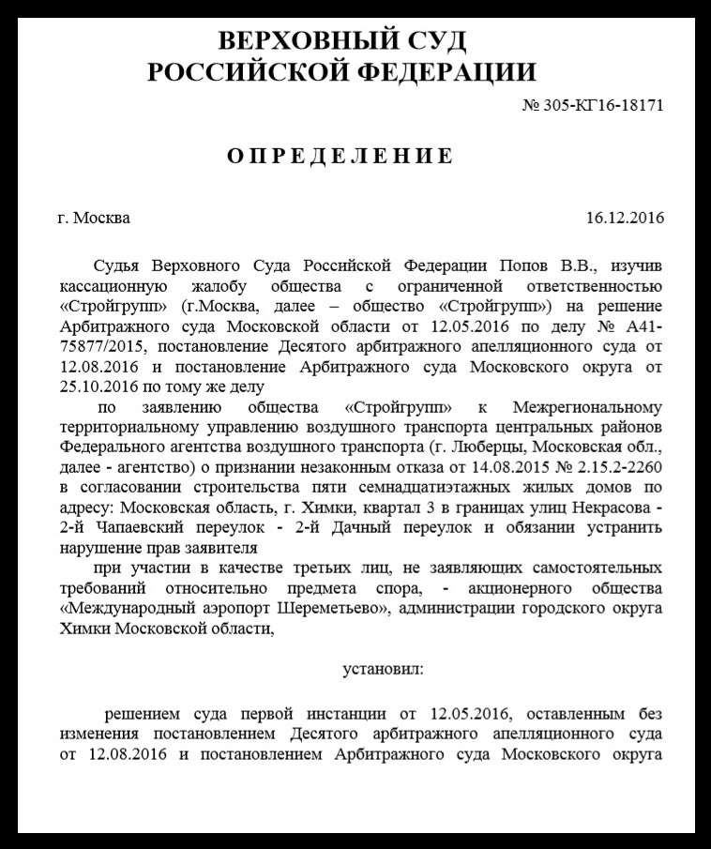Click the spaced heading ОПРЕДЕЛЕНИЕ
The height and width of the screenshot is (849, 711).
click(340, 156)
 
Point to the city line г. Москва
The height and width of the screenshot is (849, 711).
click(94, 219)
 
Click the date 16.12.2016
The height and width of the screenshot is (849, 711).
click(625, 219)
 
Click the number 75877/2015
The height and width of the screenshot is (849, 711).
click(98, 345)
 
